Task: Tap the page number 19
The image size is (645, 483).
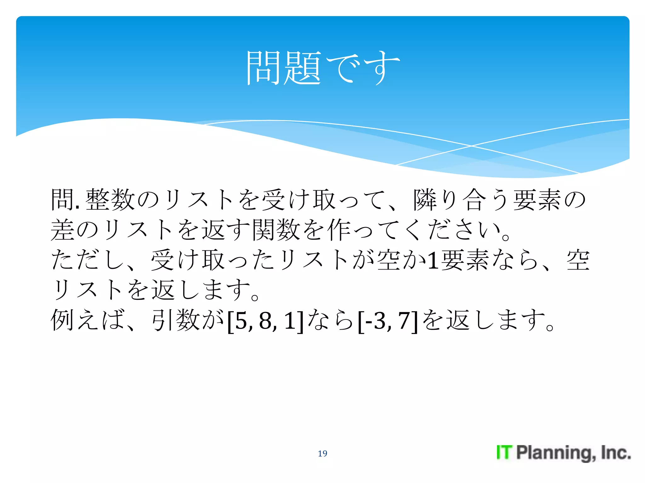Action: pyautogui.click(x=322, y=453)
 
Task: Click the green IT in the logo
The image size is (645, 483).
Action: pyautogui.click(x=504, y=452)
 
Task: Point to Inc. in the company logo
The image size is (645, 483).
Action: pyautogui.click(x=616, y=452)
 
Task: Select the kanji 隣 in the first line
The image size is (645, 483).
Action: pyautogui.click(x=425, y=200)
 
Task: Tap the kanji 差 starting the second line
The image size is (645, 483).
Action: pyautogui.click(x=62, y=230)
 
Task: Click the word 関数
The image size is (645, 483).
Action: pyautogui.click(x=276, y=230)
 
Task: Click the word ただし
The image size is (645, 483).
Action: pyautogui.click(x=87, y=260)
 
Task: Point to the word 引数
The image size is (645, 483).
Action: pyautogui.click(x=175, y=320)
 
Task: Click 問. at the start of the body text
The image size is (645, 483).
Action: pyautogui.click(x=65, y=200)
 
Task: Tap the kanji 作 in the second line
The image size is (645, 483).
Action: pyautogui.click(x=339, y=230)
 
